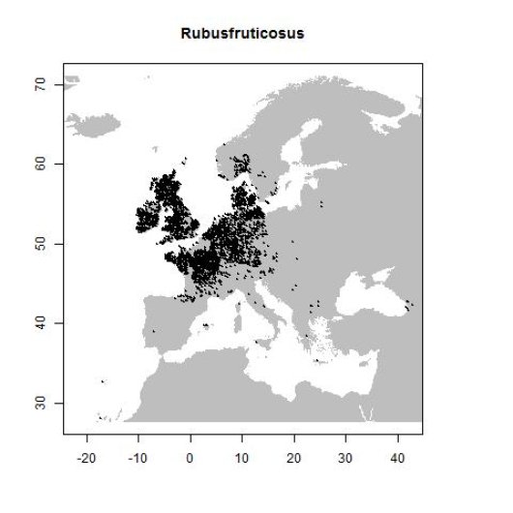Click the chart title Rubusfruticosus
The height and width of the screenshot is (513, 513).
click(243, 34)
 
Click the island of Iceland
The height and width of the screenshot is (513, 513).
click(97, 124)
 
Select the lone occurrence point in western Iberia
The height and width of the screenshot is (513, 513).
click(153, 331)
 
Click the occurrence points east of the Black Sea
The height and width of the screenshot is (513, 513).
click(410, 304)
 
